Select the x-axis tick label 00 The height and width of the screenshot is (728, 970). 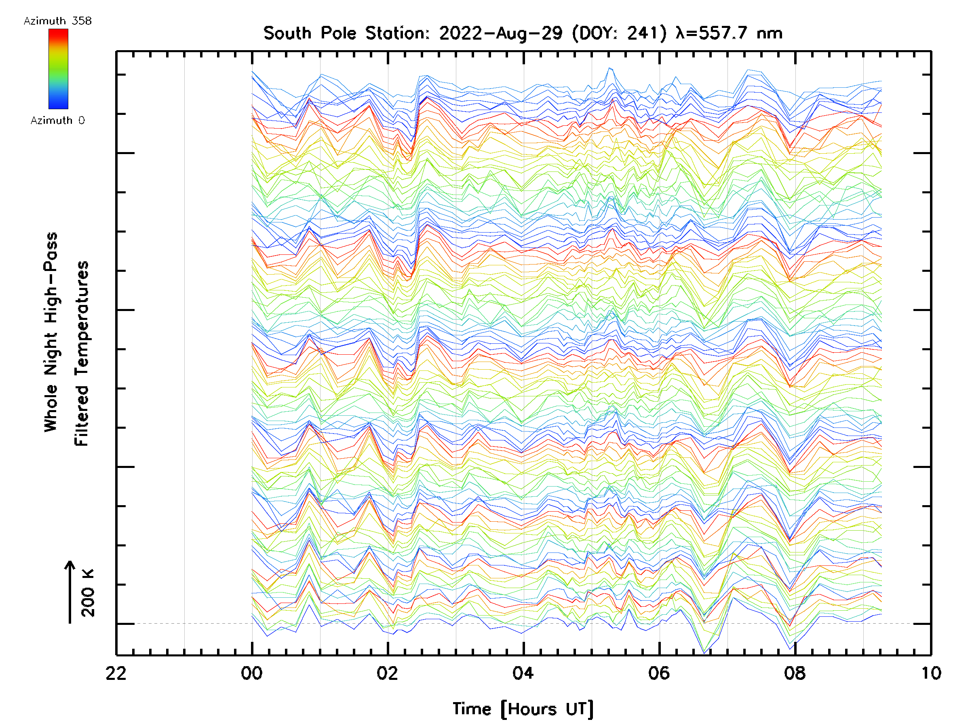click(252, 673)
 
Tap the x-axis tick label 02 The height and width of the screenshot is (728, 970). click(388, 673)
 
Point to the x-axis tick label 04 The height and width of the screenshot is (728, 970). click(523, 673)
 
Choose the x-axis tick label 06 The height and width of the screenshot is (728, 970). click(659, 673)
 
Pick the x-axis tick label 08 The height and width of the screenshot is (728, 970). click(795, 673)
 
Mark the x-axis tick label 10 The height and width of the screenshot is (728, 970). click(930, 673)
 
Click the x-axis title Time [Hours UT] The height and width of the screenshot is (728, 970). click(523, 709)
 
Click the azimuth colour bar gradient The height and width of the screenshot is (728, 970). click(58, 69)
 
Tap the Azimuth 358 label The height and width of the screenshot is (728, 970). click(57, 21)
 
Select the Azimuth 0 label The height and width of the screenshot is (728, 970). click(57, 121)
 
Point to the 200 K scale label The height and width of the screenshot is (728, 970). click(88, 593)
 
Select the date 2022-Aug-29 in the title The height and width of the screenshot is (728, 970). click(501, 33)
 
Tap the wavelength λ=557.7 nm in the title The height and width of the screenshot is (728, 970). click(729, 33)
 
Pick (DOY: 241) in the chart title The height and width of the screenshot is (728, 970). click(620, 33)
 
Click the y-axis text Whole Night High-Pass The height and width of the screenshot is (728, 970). click(51, 332)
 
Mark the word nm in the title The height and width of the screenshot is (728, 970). click(770, 33)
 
